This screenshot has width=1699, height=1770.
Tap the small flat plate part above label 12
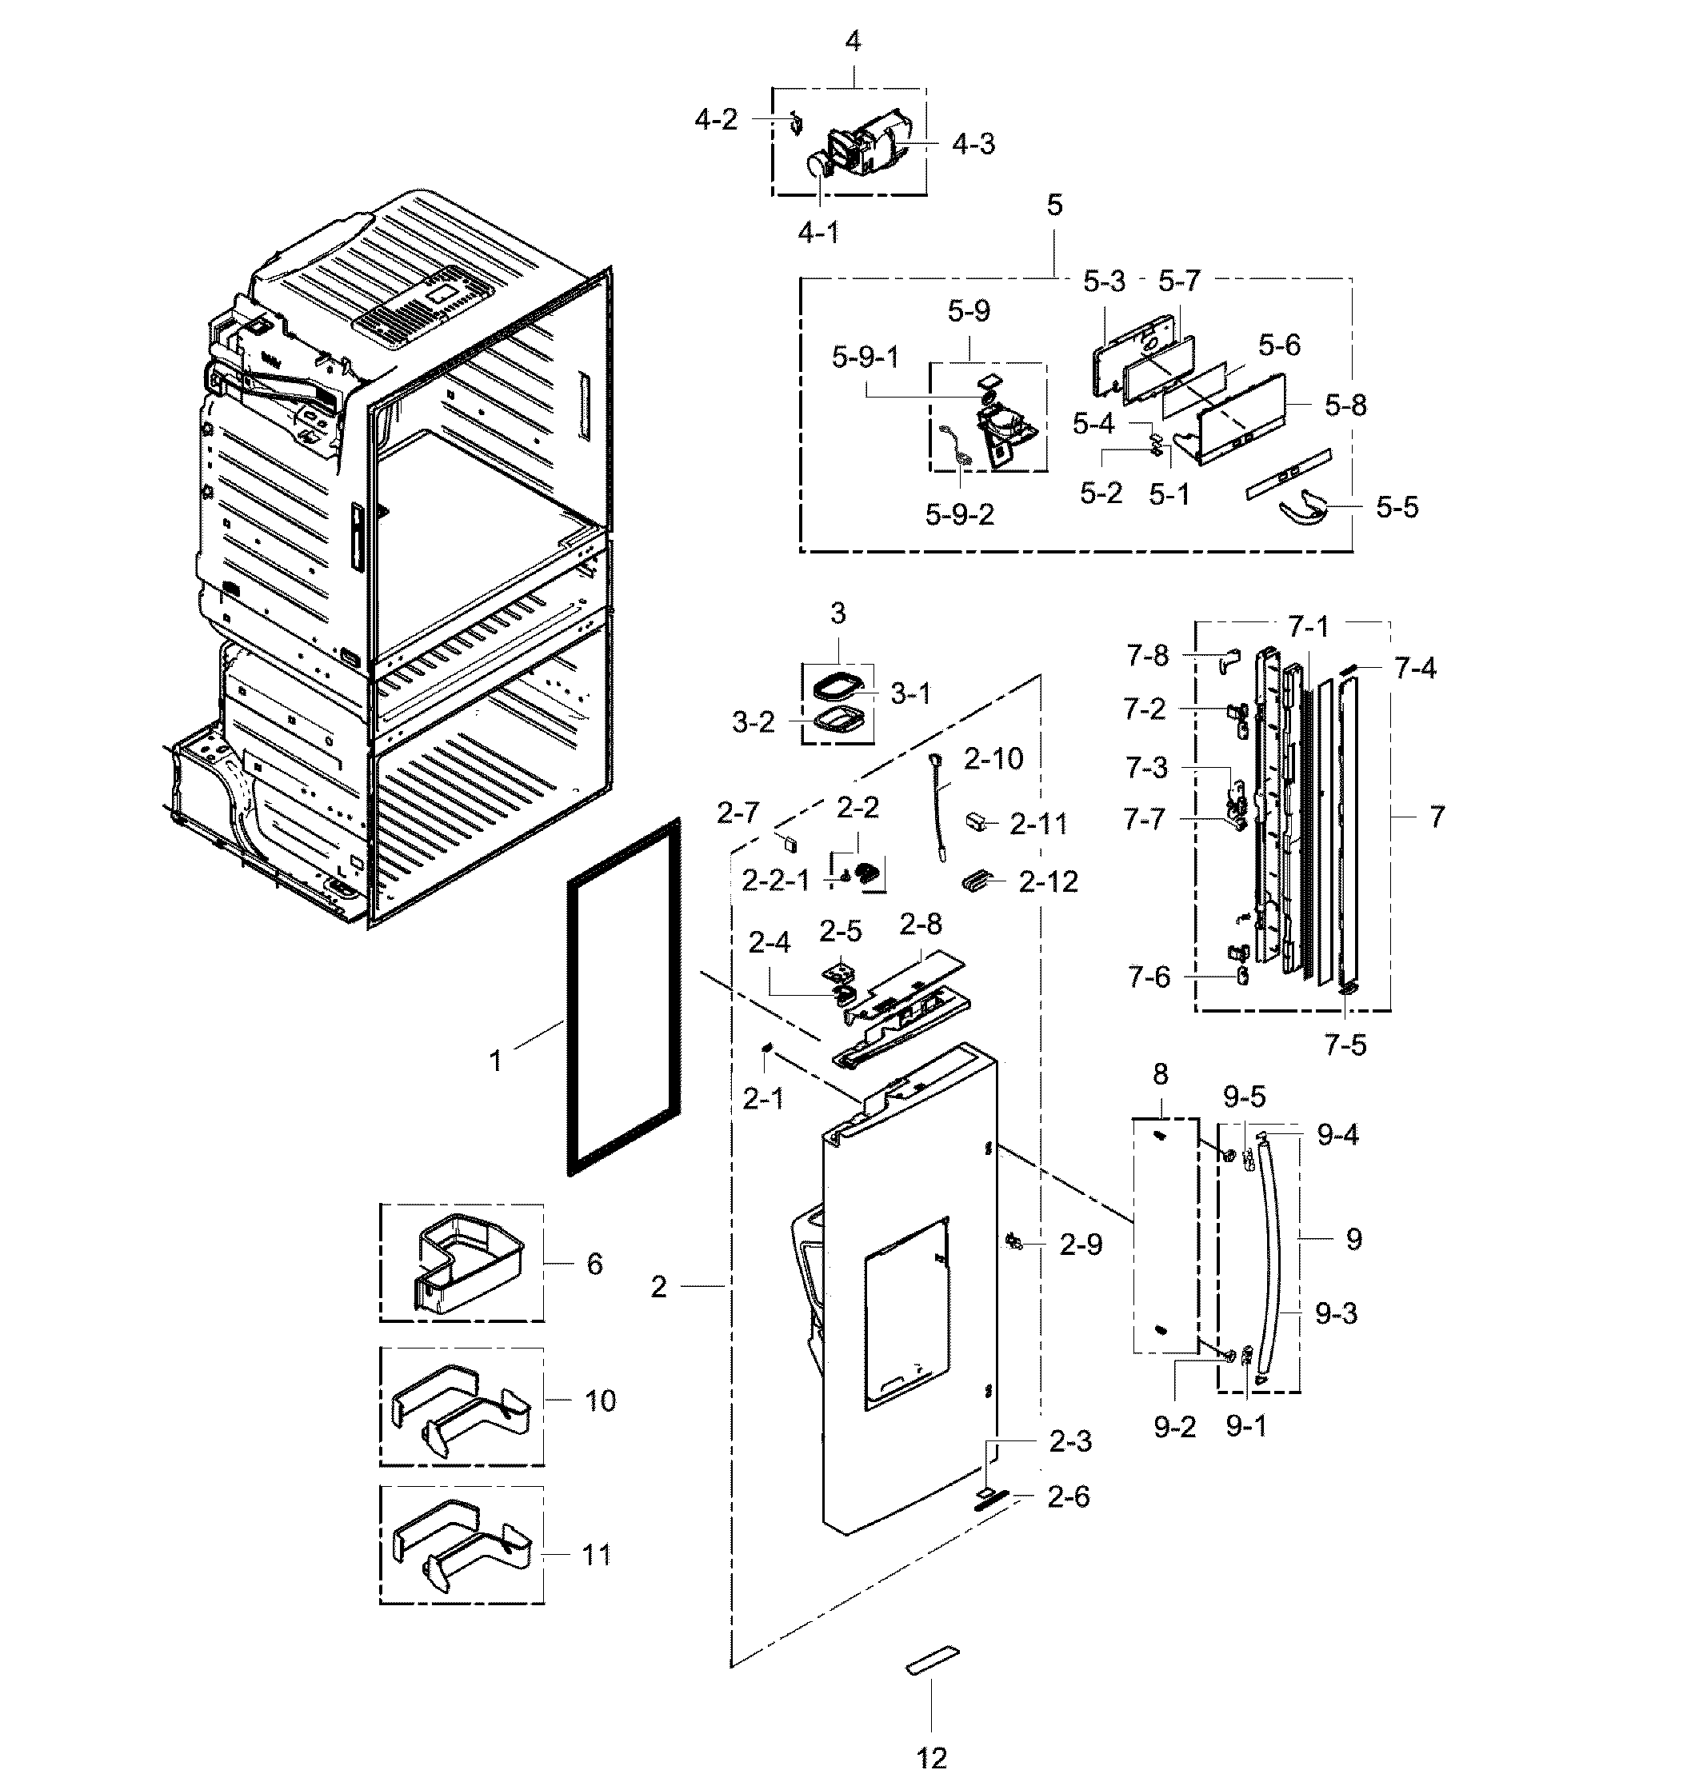pyautogui.click(x=932, y=1660)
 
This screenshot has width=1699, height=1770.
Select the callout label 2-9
pyautogui.click(x=1081, y=1245)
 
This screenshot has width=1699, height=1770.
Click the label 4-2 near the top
pyautogui.click(x=715, y=119)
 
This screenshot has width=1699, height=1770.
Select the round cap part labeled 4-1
pyautogui.click(x=818, y=166)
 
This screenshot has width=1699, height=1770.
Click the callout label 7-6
pyautogui.click(x=1148, y=977)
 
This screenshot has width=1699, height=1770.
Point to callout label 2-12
pyautogui.click(x=1048, y=881)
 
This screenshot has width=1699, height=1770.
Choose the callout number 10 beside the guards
pyautogui.click(x=600, y=1400)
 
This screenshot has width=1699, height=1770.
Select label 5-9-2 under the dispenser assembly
pyautogui.click(x=959, y=515)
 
